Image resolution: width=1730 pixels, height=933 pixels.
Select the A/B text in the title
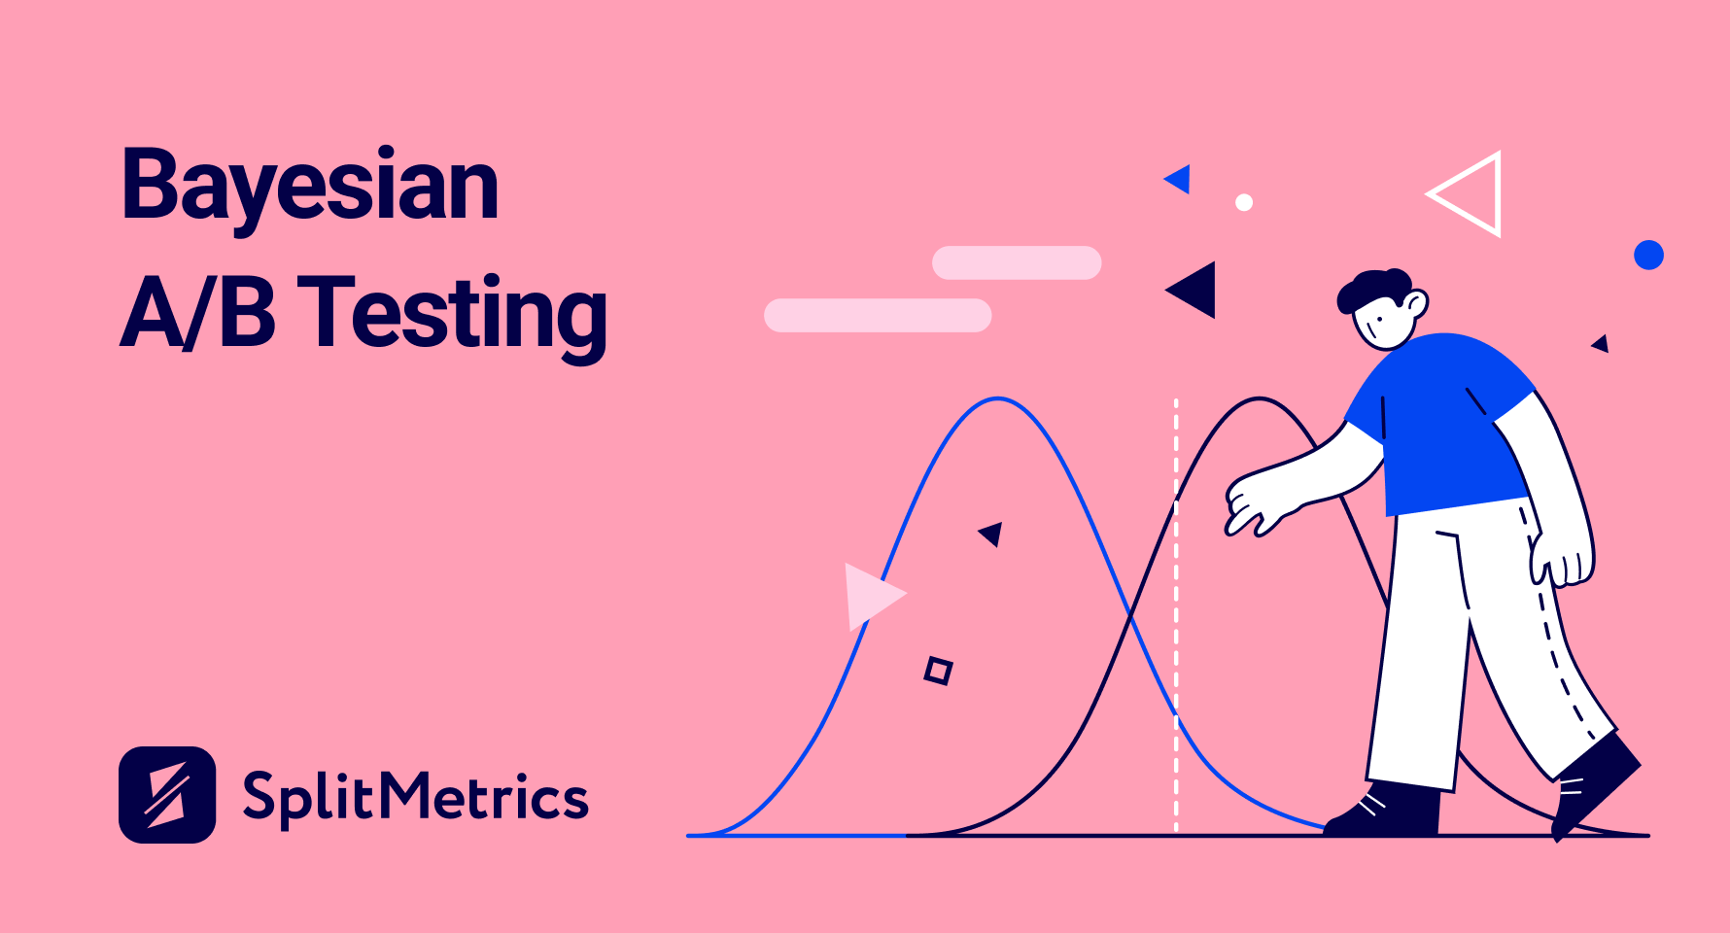[197, 311]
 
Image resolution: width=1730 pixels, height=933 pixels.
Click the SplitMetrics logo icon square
[167, 795]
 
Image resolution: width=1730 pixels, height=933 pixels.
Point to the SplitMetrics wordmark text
[416, 798]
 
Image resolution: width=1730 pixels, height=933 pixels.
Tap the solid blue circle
[1648, 256]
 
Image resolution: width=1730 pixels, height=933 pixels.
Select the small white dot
[1244, 202]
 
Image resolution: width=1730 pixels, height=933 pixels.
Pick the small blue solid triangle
[1180, 179]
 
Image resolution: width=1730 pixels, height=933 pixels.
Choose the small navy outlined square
[938, 671]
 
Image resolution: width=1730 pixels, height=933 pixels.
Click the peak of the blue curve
[998, 397]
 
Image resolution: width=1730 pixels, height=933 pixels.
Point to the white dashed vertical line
[1176, 615]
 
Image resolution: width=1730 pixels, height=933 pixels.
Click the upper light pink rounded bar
[1017, 262]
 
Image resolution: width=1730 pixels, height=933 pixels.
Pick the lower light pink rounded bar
[878, 315]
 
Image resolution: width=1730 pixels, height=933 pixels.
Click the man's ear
[1417, 305]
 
